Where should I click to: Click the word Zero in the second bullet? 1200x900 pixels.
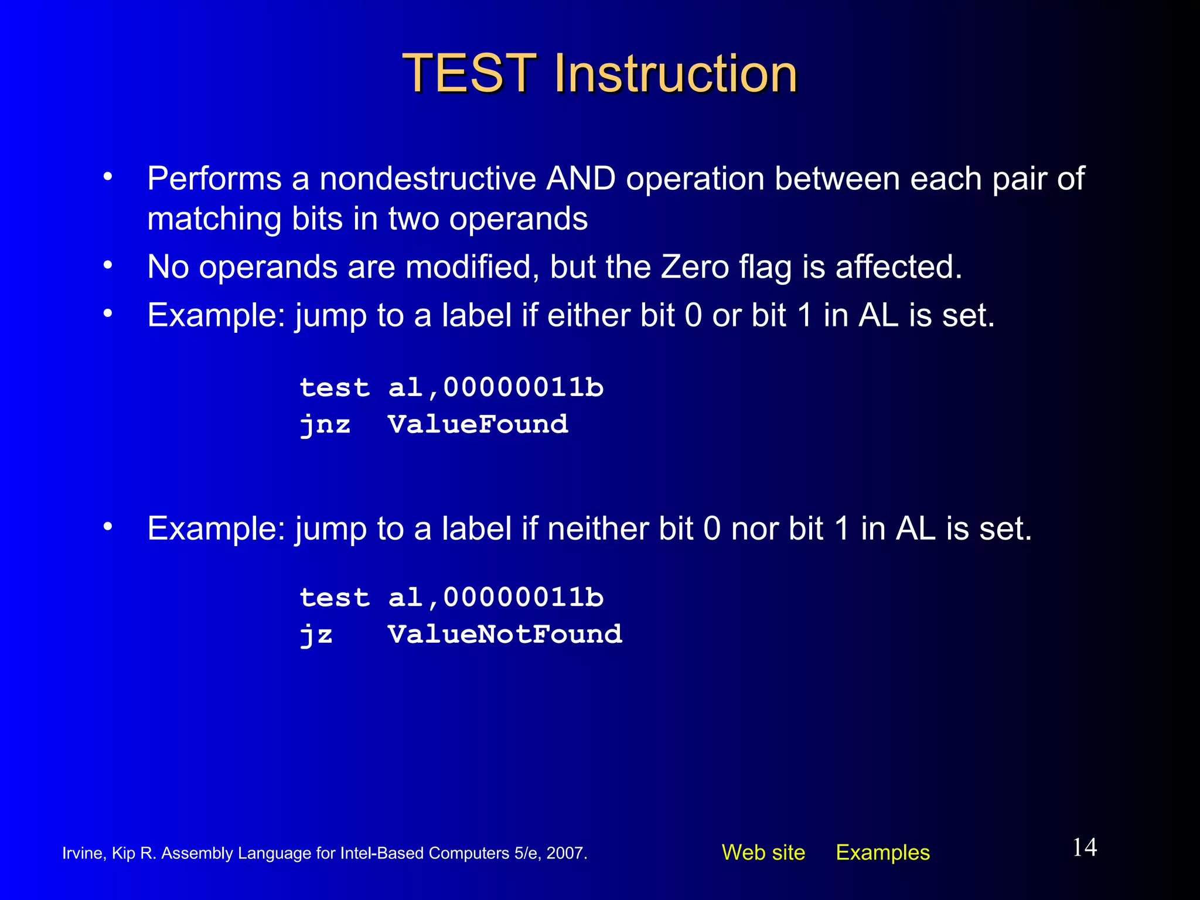695,267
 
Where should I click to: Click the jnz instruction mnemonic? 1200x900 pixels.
325,425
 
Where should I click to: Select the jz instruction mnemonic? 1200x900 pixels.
316,635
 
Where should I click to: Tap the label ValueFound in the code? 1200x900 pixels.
478,424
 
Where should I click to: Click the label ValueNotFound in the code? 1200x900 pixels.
504,635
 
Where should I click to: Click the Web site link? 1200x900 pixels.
763,853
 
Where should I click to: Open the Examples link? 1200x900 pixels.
882,853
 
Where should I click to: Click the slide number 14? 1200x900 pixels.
1084,847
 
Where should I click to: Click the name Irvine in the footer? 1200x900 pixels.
83,853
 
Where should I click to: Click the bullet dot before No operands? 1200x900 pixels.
107,265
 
